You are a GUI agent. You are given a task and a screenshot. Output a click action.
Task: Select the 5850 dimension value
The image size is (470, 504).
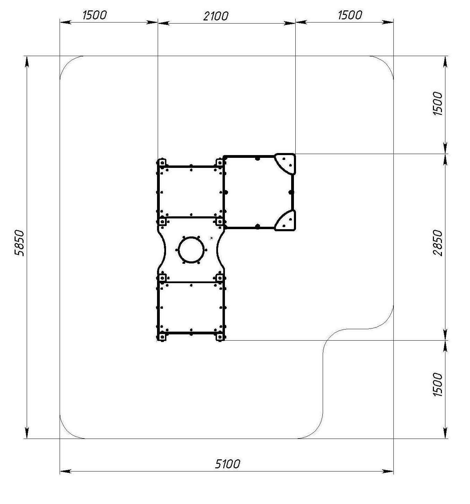click(19, 243)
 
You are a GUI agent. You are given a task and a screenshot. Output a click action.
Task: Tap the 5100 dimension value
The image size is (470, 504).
click(227, 464)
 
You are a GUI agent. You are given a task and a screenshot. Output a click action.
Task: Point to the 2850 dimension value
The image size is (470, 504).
click(437, 243)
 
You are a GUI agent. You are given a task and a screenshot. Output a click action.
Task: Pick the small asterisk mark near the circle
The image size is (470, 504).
click(211, 238)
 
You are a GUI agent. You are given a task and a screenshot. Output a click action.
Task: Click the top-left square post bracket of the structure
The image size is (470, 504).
click(162, 162)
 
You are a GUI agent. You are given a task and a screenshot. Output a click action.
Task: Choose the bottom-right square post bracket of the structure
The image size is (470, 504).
click(220, 337)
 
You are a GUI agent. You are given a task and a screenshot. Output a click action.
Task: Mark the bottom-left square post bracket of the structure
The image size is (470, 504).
click(162, 337)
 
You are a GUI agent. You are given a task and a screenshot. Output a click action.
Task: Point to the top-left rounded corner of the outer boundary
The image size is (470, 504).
click(67, 63)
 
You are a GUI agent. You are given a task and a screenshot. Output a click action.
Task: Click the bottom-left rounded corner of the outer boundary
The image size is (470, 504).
click(67, 431)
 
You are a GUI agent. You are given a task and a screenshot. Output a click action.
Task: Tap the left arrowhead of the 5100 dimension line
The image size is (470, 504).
click(65, 471)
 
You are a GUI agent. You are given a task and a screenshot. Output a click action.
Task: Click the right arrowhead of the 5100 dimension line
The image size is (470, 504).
click(388, 471)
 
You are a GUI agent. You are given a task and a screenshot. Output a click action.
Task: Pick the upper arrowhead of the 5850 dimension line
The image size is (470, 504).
click(27, 61)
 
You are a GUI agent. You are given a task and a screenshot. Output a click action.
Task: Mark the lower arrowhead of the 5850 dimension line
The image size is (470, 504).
click(27, 433)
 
